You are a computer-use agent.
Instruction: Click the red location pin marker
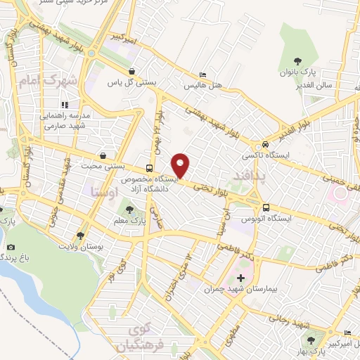click(181, 165)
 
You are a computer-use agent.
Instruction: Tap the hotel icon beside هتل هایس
click(203, 75)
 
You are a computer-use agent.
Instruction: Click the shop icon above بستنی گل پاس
click(132, 71)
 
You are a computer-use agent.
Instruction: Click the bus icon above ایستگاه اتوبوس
click(266, 208)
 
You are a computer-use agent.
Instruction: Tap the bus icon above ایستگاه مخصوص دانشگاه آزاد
click(148, 168)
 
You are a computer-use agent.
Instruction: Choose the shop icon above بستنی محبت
click(103, 155)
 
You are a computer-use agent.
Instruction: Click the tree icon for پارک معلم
click(129, 208)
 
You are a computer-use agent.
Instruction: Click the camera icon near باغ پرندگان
click(11, 247)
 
